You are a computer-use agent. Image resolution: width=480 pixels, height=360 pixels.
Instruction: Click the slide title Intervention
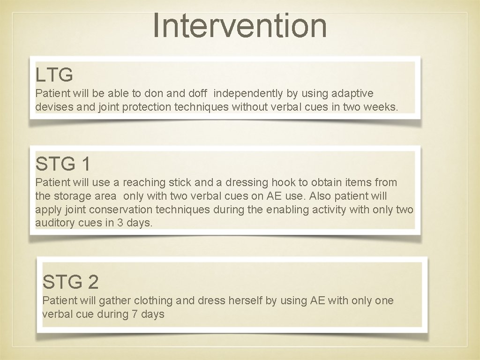click(x=240, y=26)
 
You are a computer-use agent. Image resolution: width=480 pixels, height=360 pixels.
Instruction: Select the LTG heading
click(x=54, y=75)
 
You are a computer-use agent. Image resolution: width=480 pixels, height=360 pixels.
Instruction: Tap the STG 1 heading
click(x=63, y=164)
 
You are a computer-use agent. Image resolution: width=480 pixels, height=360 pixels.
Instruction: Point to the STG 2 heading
click(x=70, y=282)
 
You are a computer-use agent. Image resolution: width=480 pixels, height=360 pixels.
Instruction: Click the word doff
click(x=197, y=94)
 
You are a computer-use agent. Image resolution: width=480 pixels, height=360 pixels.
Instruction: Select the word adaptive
click(x=352, y=94)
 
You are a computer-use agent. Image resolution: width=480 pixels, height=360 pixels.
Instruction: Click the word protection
click(x=147, y=107)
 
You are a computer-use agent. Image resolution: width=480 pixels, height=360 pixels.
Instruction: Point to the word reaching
click(x=144, y=183)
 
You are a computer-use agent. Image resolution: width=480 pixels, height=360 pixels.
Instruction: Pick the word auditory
click(x=55, y=223)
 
